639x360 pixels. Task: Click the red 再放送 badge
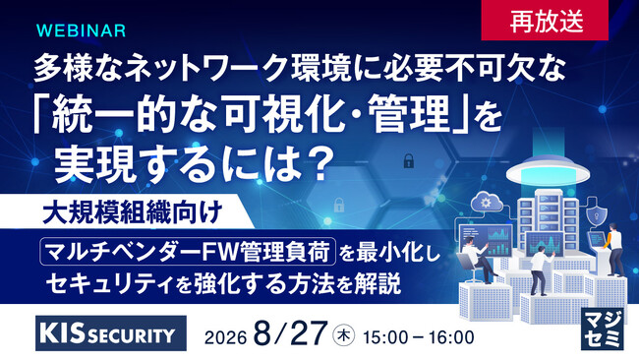coord(545,21)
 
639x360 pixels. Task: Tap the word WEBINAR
coord(81,30)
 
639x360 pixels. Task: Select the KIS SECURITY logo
coord(111,333)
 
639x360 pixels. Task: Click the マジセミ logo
coord(603,329)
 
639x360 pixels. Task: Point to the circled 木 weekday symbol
coord(344,336)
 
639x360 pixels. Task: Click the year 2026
coord(226,337)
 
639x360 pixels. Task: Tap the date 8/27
coord(290,333)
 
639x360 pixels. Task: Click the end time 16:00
coord(453,337)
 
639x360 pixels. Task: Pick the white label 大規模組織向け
coord(133,211)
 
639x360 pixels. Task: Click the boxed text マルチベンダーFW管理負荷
coord(188,252)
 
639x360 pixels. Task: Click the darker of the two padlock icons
coord(408,160)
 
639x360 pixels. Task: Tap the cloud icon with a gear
coord(487,202)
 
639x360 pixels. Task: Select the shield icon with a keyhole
coord(596,213)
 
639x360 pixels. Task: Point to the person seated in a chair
coord(476,260)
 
